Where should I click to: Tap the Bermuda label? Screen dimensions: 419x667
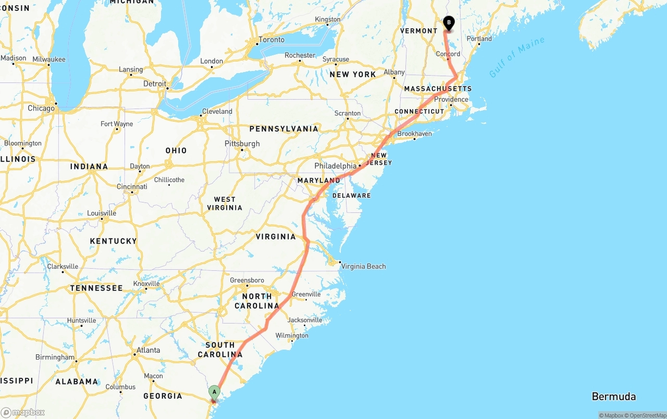(613, 397)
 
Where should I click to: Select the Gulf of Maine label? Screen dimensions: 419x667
(517, 57)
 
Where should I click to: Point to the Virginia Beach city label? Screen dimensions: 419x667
(363, 266)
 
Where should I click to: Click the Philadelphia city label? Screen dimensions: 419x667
(336, 166)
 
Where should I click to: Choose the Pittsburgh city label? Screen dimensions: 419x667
(242, 143)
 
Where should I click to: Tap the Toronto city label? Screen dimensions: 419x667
(271, 40)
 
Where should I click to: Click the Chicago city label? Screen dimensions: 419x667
(41, 109)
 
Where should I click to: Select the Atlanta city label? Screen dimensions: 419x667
(149, 350)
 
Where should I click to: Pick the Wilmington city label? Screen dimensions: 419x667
(292, 336)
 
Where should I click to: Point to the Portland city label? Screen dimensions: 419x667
(479, 39)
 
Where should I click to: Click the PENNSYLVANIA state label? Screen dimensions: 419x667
(283, 129)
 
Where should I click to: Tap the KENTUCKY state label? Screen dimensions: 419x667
(113, 241)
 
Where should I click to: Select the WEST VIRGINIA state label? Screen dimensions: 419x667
(225, 203)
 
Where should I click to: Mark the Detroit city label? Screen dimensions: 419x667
(155, 83)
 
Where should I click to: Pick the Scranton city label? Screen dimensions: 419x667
(347, 113)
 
